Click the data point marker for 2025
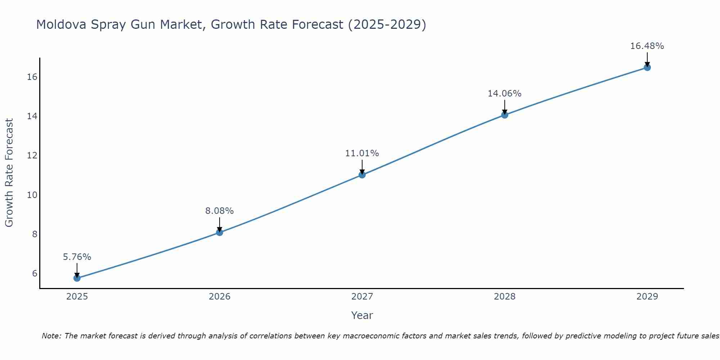tap(77, 278)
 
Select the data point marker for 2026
tap(219, 232)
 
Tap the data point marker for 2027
tap(362, 175)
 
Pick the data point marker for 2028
tap(504, 115)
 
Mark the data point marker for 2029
tap(647, 67)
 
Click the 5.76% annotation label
tap(77, 257)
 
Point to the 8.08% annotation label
tap(219, 211)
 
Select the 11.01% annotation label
tap(362, 153)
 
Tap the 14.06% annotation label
tap(504, 94)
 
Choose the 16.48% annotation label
tap(647, 46)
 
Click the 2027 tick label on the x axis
tap(362, 297)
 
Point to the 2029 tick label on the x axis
tap(647, 297)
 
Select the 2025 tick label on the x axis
tap(77, 297)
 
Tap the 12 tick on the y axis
tap(32, 156)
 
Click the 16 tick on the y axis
tap(32, 77)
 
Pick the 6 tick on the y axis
tap(35, 273)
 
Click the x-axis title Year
tap(362, 315)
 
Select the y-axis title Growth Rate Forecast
tap(9, 173)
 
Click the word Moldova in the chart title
tap(61, 24)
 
